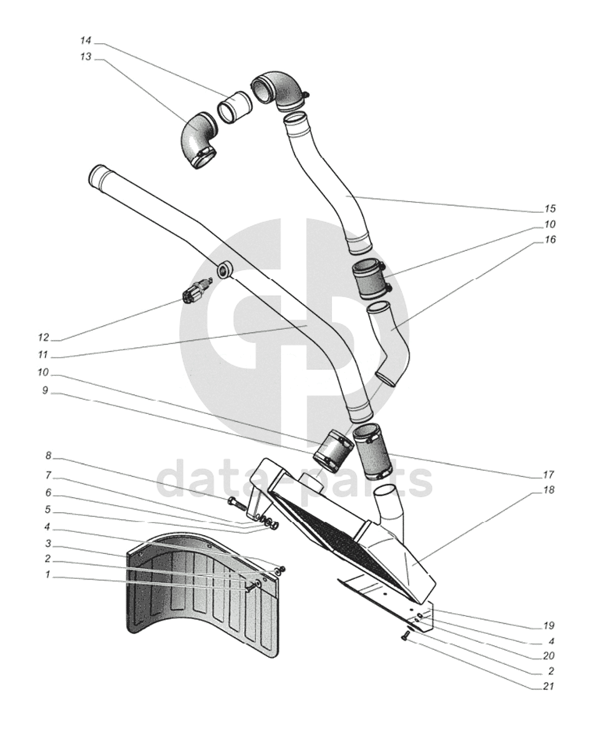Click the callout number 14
(x=85, y=41)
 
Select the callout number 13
(x=85, y=56)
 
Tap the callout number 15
(x=550, y=209)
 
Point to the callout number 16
(x=550, y=240)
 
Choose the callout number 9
(x=45, y=395)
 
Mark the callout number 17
(x=550, y=474)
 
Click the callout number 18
(x=550, y=490)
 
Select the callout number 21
(x=550, y=688)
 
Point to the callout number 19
(x=550, y=625)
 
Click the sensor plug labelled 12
(x=195, y=291)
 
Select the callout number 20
(x=550, y=656)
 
